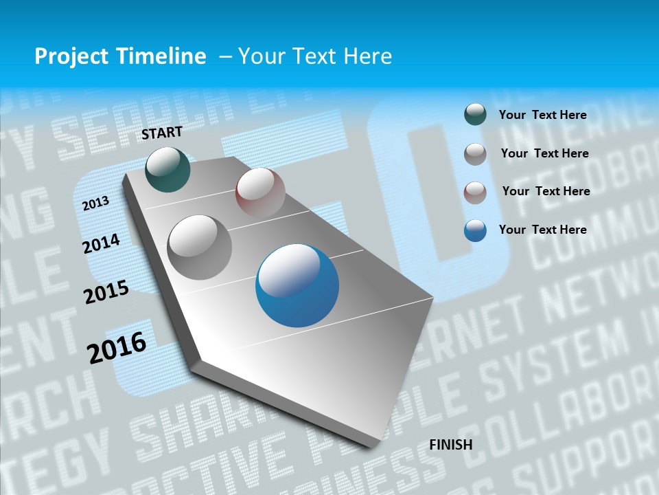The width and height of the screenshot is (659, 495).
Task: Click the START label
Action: click(x=162, y=133)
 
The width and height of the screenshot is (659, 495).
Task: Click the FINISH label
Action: click(x=451, y=445)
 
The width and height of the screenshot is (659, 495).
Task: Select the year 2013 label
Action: click(x=96, y=203)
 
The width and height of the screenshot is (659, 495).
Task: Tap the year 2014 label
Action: click(x=102, y=243)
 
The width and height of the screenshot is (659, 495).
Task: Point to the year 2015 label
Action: click(x=106, y=292)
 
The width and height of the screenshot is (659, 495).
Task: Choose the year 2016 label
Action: click(x=117, y=347)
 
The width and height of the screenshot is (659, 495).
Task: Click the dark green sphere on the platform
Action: click(x=167, y=169)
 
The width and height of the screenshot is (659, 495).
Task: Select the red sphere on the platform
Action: click(x=260, y=192)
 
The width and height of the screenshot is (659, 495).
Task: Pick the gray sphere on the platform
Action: click(x=200, y=247)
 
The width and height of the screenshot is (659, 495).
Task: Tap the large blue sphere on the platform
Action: click(x=297, y=285)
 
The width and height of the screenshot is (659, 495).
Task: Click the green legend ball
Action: click(x=475, y=114)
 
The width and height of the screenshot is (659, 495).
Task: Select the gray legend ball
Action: click(x=475, y=154)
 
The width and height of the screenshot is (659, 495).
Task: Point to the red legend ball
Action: click(x=475, y=192)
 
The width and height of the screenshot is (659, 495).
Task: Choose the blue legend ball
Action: click(x=475, y=230)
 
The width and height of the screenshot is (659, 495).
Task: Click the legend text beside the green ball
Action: click(x=542, y=115)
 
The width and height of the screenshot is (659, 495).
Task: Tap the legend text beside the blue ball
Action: click(x=542, y=230)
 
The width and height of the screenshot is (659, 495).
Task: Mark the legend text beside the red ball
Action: click(x=546, y=191)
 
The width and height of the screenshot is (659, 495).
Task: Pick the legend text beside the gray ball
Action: click(x=544, y=153)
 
